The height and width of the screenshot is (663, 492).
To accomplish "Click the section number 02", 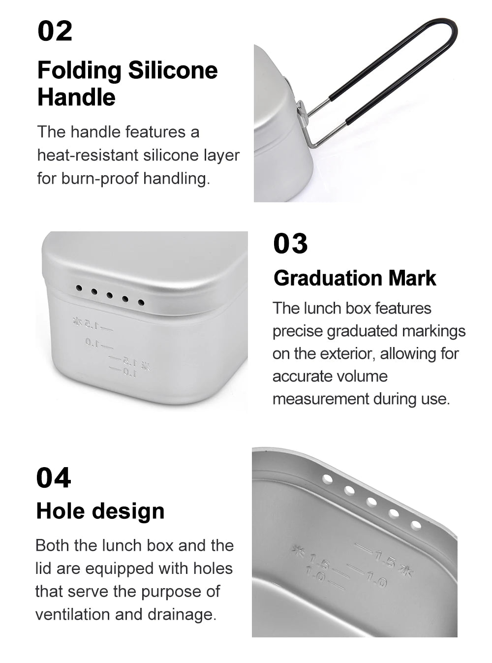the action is [x=55, y=31].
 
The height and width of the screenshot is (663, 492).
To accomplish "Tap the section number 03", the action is [x=290, y=243].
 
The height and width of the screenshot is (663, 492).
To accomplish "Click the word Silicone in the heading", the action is [x=173, y=70].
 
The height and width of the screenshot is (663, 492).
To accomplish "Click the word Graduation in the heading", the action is [x=328, y=278].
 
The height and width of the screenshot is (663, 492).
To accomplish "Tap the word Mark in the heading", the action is [x=412, y=278].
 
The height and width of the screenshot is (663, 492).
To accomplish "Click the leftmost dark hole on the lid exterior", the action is [x=79, y=288].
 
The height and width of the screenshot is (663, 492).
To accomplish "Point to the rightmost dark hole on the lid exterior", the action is [x=141, y=303].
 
